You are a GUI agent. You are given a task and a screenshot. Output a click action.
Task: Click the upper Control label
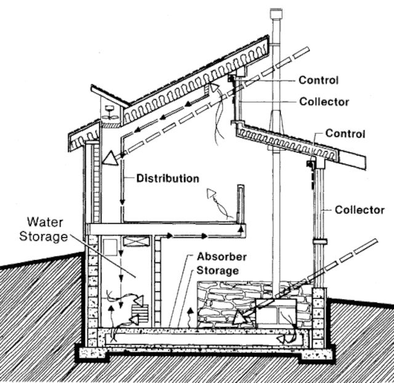click(x=318, y=80)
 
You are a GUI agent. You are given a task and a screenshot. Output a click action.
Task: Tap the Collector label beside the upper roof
click(x=324, y=102)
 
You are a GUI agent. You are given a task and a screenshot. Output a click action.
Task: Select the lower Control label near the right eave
click(x=345, y=133)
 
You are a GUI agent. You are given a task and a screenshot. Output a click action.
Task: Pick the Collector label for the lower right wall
click(x=360, y=210)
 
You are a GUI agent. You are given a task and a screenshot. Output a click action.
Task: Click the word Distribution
click(x=167, y=179)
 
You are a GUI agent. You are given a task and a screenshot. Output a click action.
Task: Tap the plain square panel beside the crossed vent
click(x=110, y=247)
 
